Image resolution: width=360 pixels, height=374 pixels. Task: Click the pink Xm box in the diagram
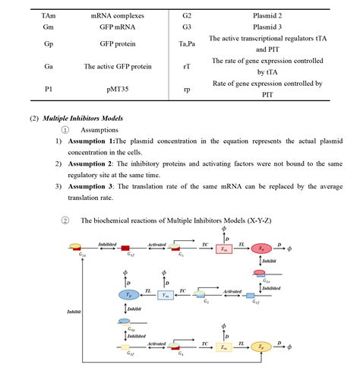coord(223,249)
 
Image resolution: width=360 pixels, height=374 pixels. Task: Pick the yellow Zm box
coord(223,347)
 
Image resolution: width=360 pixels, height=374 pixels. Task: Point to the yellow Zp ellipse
coord(264,347)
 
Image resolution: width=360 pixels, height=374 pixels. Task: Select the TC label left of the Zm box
coord(204,342)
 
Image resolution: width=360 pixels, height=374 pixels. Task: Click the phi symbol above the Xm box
coord(223,227)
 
